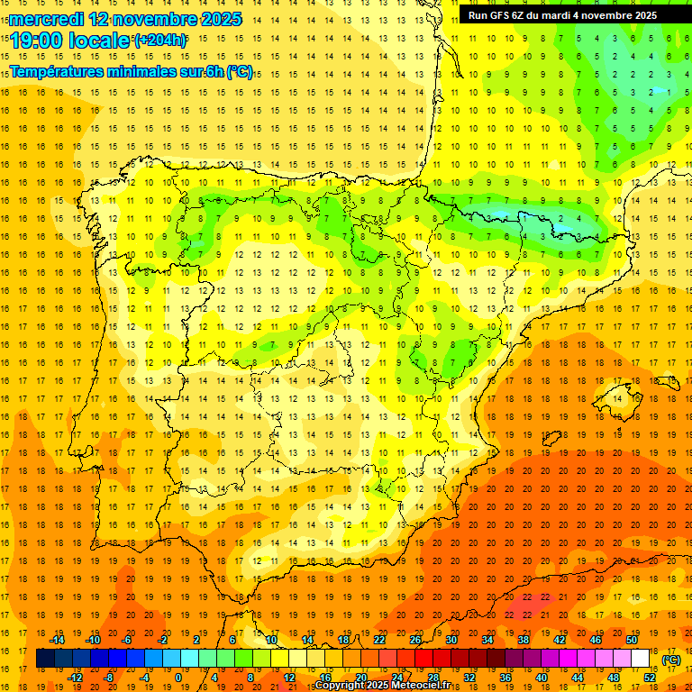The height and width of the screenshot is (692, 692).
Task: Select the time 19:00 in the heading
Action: [38, 41]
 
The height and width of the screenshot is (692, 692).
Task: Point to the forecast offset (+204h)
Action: [160, 41]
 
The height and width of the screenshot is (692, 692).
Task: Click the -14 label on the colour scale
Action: [58, 640]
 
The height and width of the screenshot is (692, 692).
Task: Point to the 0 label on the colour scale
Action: [178, 678]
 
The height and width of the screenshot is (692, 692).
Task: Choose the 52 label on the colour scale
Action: [650, 678]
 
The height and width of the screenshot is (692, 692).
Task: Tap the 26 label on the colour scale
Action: [415, 640]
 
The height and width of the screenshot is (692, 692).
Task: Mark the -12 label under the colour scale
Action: [76, 678]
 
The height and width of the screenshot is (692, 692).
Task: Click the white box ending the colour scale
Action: [641, 659]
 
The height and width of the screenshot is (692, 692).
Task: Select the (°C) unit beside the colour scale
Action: [670, 660]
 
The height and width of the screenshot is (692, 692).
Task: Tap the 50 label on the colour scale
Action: [631, 640]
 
